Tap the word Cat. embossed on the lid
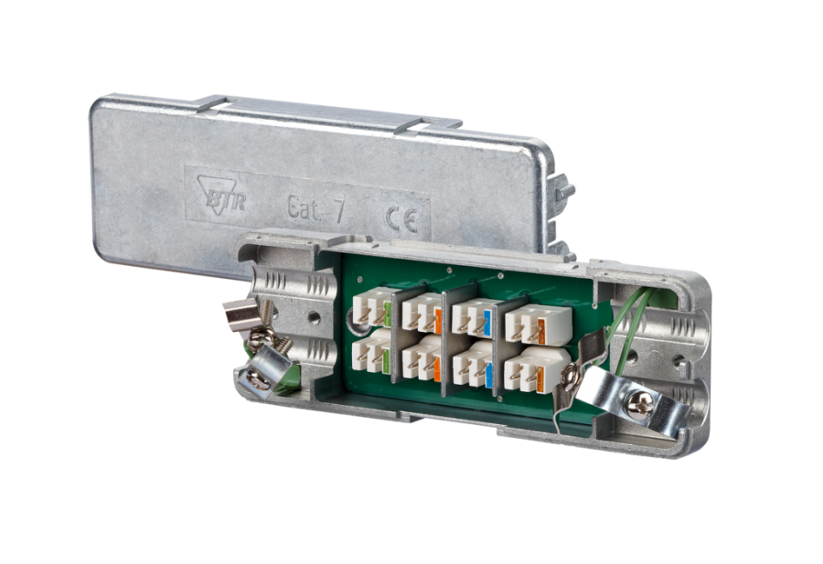point(304,208)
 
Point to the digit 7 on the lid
point(339,211)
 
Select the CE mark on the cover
point(402,218)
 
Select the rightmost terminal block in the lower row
point(537,369)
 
